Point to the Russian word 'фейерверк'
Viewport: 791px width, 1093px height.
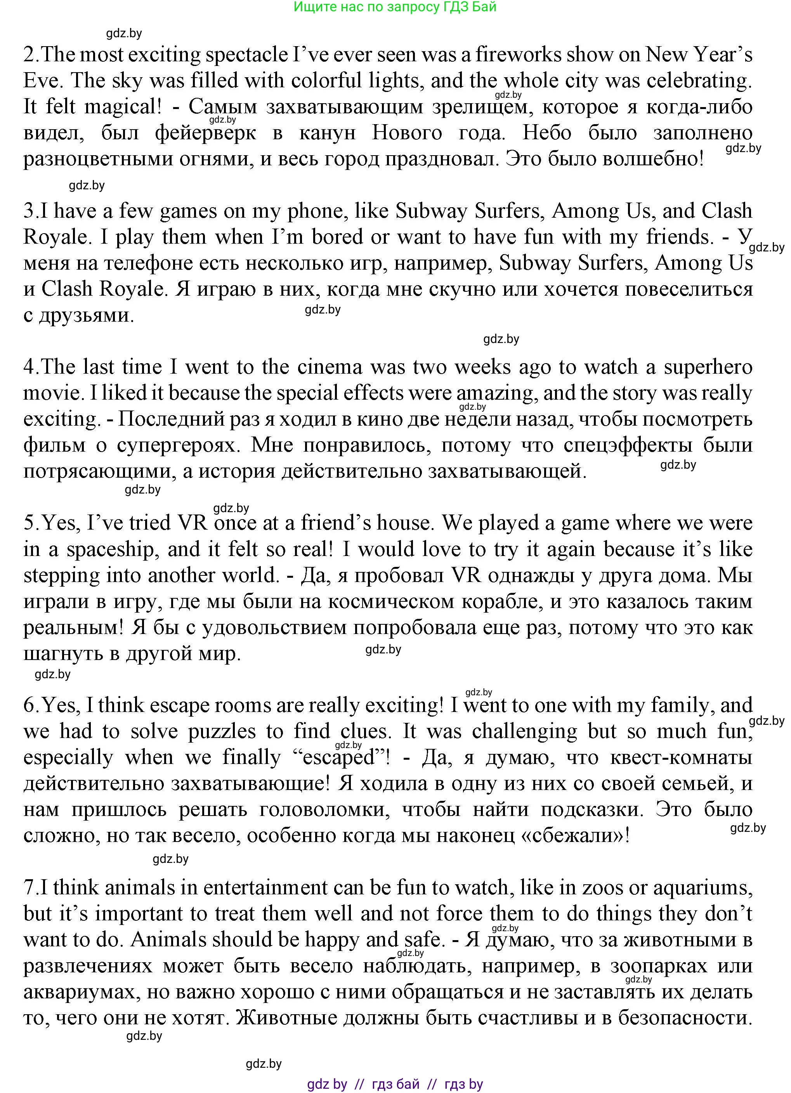coord(206,133)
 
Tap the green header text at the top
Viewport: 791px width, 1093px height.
coord(394,7)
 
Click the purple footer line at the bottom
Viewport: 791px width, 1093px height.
coord(395,1084)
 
